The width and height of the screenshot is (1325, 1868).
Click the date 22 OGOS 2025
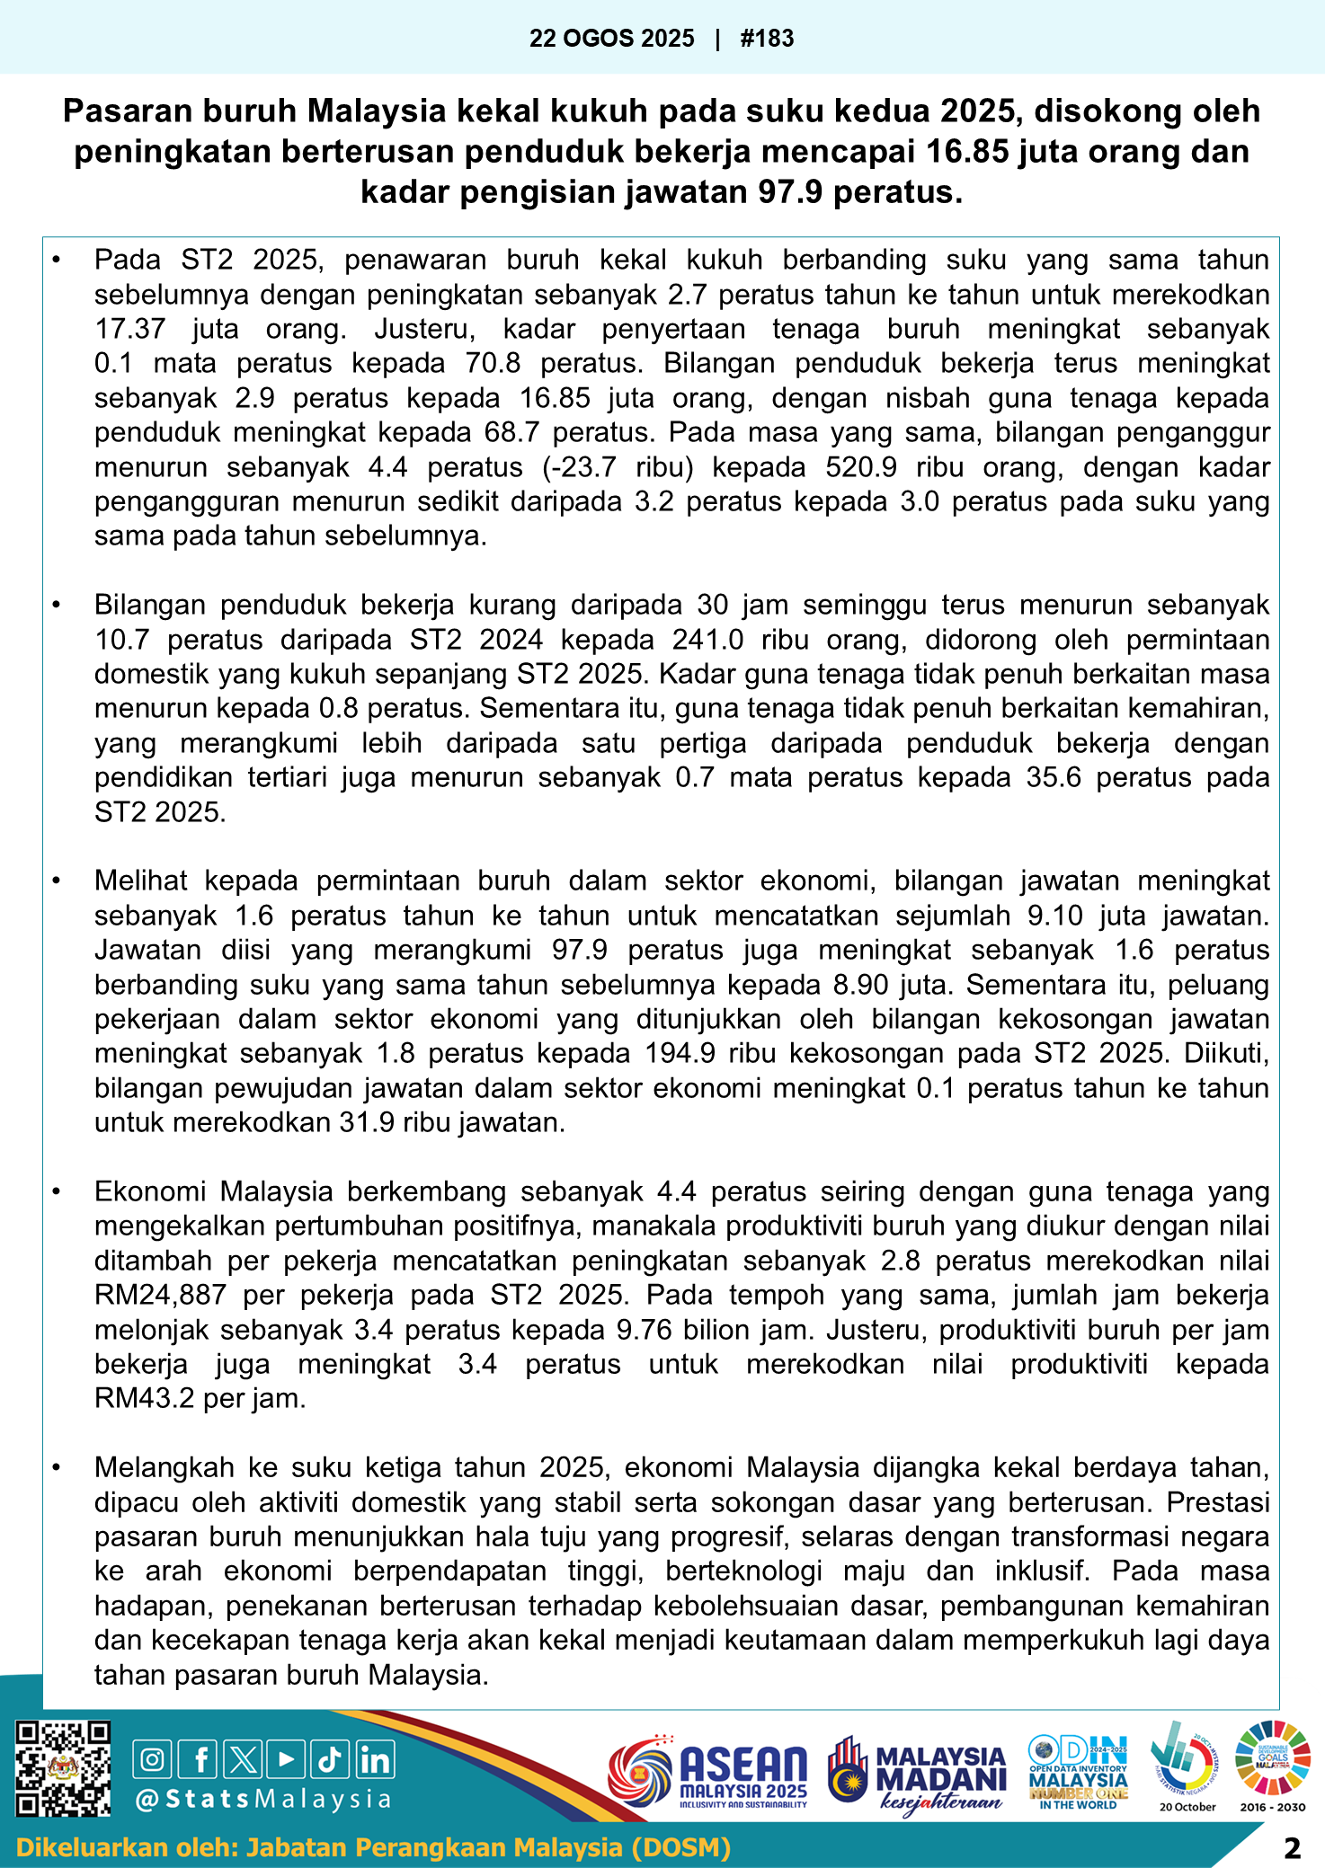pyautogui.click(x=611, y=39)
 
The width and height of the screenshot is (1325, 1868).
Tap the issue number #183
pyautogui.click(x=767, y=39)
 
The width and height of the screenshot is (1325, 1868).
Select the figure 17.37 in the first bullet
pyautogui.click(x=130, y=329)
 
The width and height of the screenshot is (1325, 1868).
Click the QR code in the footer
pyautogui.click(x=64, y=1768)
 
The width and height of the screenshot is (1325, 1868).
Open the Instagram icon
pyautogui.click(x=153, y=1759)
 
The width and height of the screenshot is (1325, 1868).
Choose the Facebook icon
pyautogui.click(x=199, y=1759)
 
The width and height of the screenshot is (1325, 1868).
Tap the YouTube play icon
pyautogui.click(x=286, y=1759)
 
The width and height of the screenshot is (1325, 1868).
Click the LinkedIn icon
pyautogui.click(x=375, y=1759)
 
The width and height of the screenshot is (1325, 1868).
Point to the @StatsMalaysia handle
pyautogui.click(x=262, y=1799)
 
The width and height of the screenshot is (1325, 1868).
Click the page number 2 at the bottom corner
pyautogui.click(x=1292, y=1848)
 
